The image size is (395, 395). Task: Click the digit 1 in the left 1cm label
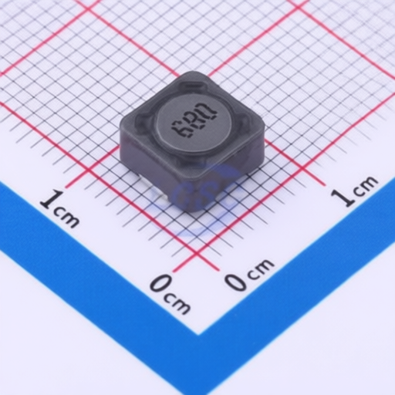[52, 199]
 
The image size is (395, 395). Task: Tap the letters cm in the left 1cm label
[67, 218]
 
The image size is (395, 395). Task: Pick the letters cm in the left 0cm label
[178, 303]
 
